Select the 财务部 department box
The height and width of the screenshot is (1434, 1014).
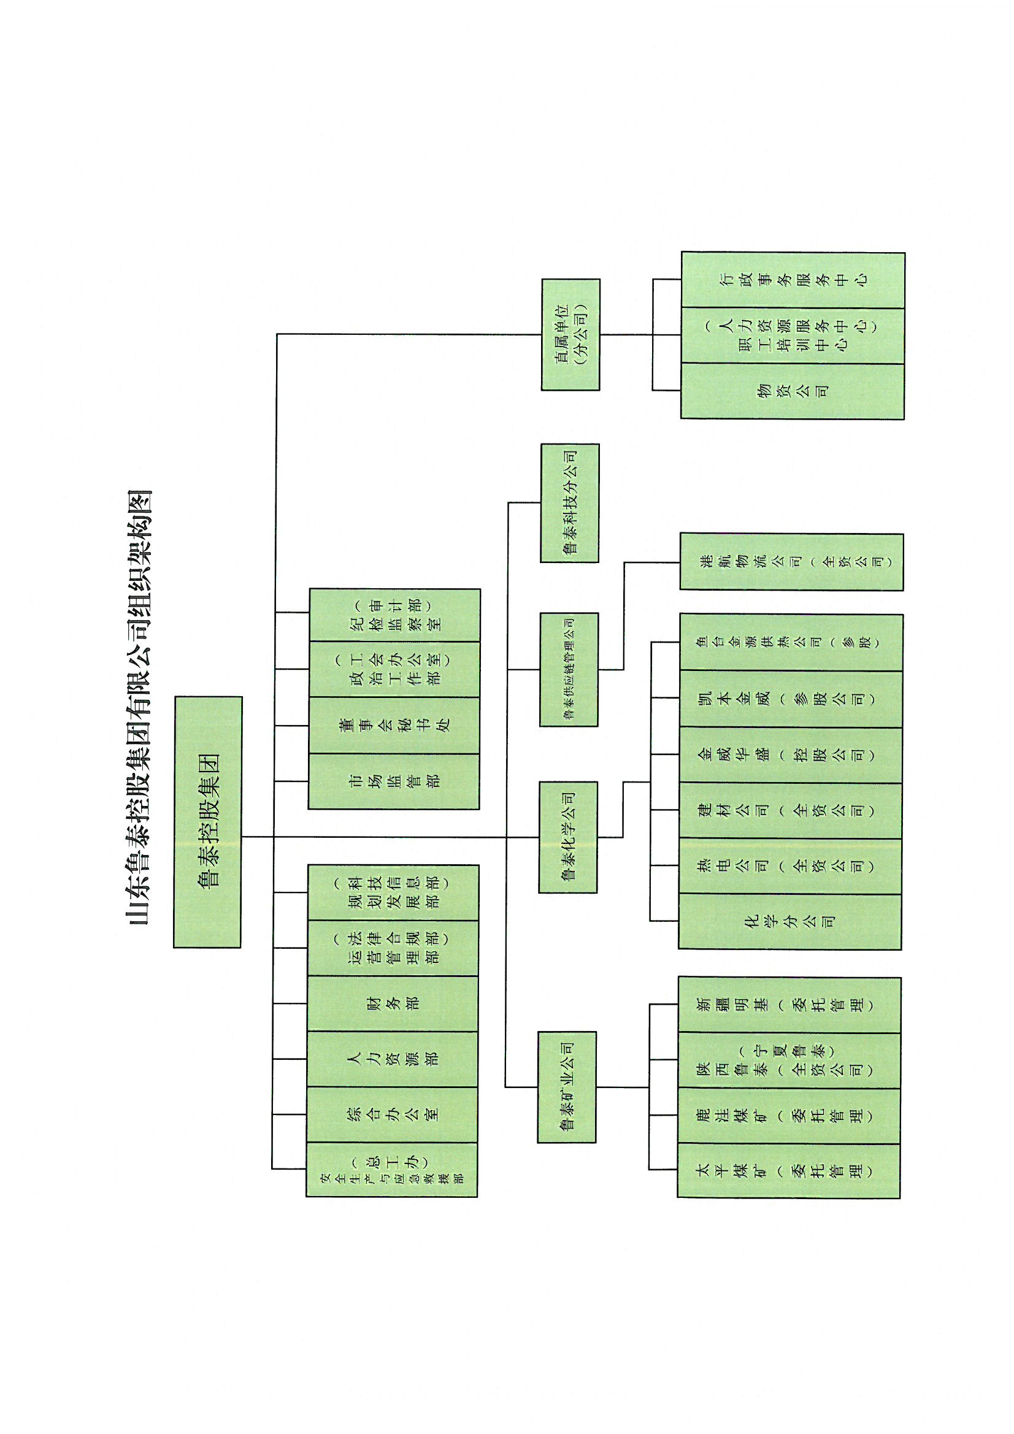pyautogui.click(x=393, y=1003)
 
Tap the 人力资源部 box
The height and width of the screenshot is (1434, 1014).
pyautogui.click(x=393, y=1059)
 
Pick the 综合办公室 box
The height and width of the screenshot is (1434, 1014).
pyautogui.click(x=393, y=1114)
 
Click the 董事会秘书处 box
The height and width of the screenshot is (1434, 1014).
pyautogui.click(x=394, y=725)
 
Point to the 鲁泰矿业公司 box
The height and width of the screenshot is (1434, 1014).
pyautogui.click(x=567, y=1087)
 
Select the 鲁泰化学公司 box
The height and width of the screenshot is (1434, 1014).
pyautogui.click(x=568, y=837)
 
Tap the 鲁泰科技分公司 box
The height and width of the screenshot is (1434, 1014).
pyautogui.click(x=570, y=503)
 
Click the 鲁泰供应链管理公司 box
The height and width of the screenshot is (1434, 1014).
pyautogui.click(x=569, y=669)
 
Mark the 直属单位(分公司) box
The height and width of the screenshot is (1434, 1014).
pyautogui.click(x=570, y=335)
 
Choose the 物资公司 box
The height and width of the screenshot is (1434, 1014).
pyautogui.click(x=792, y=391)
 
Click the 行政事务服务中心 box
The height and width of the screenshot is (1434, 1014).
pyautogui.click(x=793, y=280)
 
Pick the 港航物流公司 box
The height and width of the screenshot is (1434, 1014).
pyautogui.click(x=791, y=561)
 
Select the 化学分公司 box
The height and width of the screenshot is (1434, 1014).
pyautogui.click(x=789, y=921)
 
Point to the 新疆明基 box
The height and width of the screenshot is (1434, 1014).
pyautogui.click(x=789, y=1004)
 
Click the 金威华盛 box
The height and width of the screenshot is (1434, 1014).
pyautogui.click(x=790, y=754)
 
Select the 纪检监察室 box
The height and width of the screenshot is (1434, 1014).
pyautogui.click(x=395, y=615)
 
